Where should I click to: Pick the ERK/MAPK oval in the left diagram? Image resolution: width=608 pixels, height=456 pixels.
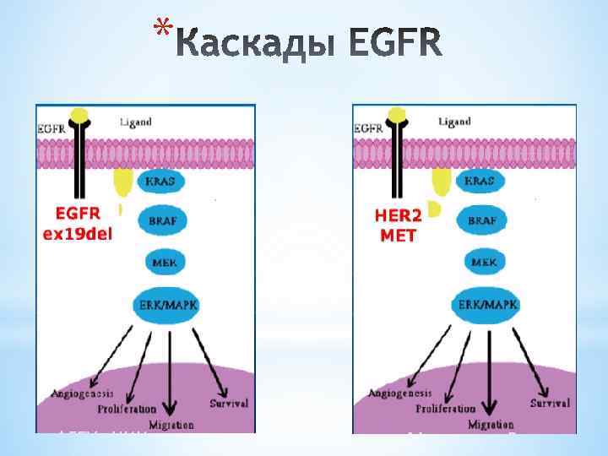coord(166,305)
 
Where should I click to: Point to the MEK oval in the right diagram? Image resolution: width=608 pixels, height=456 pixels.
coord(483,263)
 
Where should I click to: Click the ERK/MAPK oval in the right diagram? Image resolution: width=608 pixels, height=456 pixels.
coord(487,305)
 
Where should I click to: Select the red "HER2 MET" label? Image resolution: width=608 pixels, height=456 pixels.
coord(398,225)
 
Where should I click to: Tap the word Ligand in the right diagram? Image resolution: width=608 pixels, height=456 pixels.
coord(454,122)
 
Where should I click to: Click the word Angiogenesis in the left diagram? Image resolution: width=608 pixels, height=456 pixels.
coord(82,394)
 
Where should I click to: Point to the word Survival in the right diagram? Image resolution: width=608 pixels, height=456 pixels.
coord(550,404)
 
